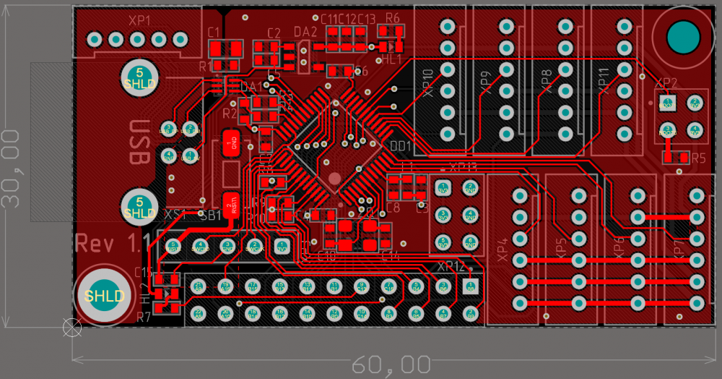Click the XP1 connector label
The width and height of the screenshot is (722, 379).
(140, 20)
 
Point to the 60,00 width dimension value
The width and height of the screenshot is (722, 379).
(391, 365)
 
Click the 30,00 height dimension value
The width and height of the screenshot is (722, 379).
(11, 169)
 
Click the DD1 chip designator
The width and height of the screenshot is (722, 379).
(401, 146)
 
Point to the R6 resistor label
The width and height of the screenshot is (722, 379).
(393, 18)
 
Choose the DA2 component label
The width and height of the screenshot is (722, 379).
(305, 33)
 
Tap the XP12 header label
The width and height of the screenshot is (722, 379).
(451, 266)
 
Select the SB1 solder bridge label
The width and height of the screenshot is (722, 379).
(211, 215)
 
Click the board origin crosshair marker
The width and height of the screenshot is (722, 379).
(72, 327)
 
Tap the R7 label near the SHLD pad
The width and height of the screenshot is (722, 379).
(143, 317)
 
